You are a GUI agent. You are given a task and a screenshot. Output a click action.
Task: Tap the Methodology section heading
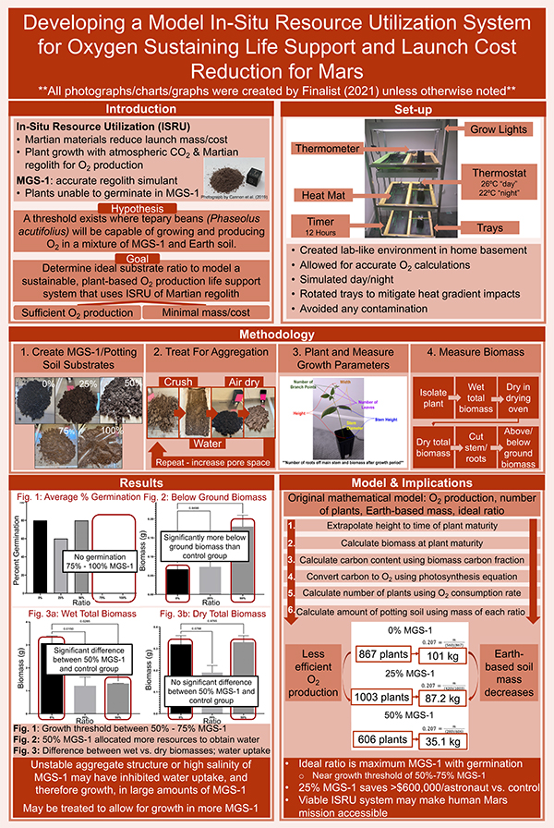[x=277, y=335]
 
